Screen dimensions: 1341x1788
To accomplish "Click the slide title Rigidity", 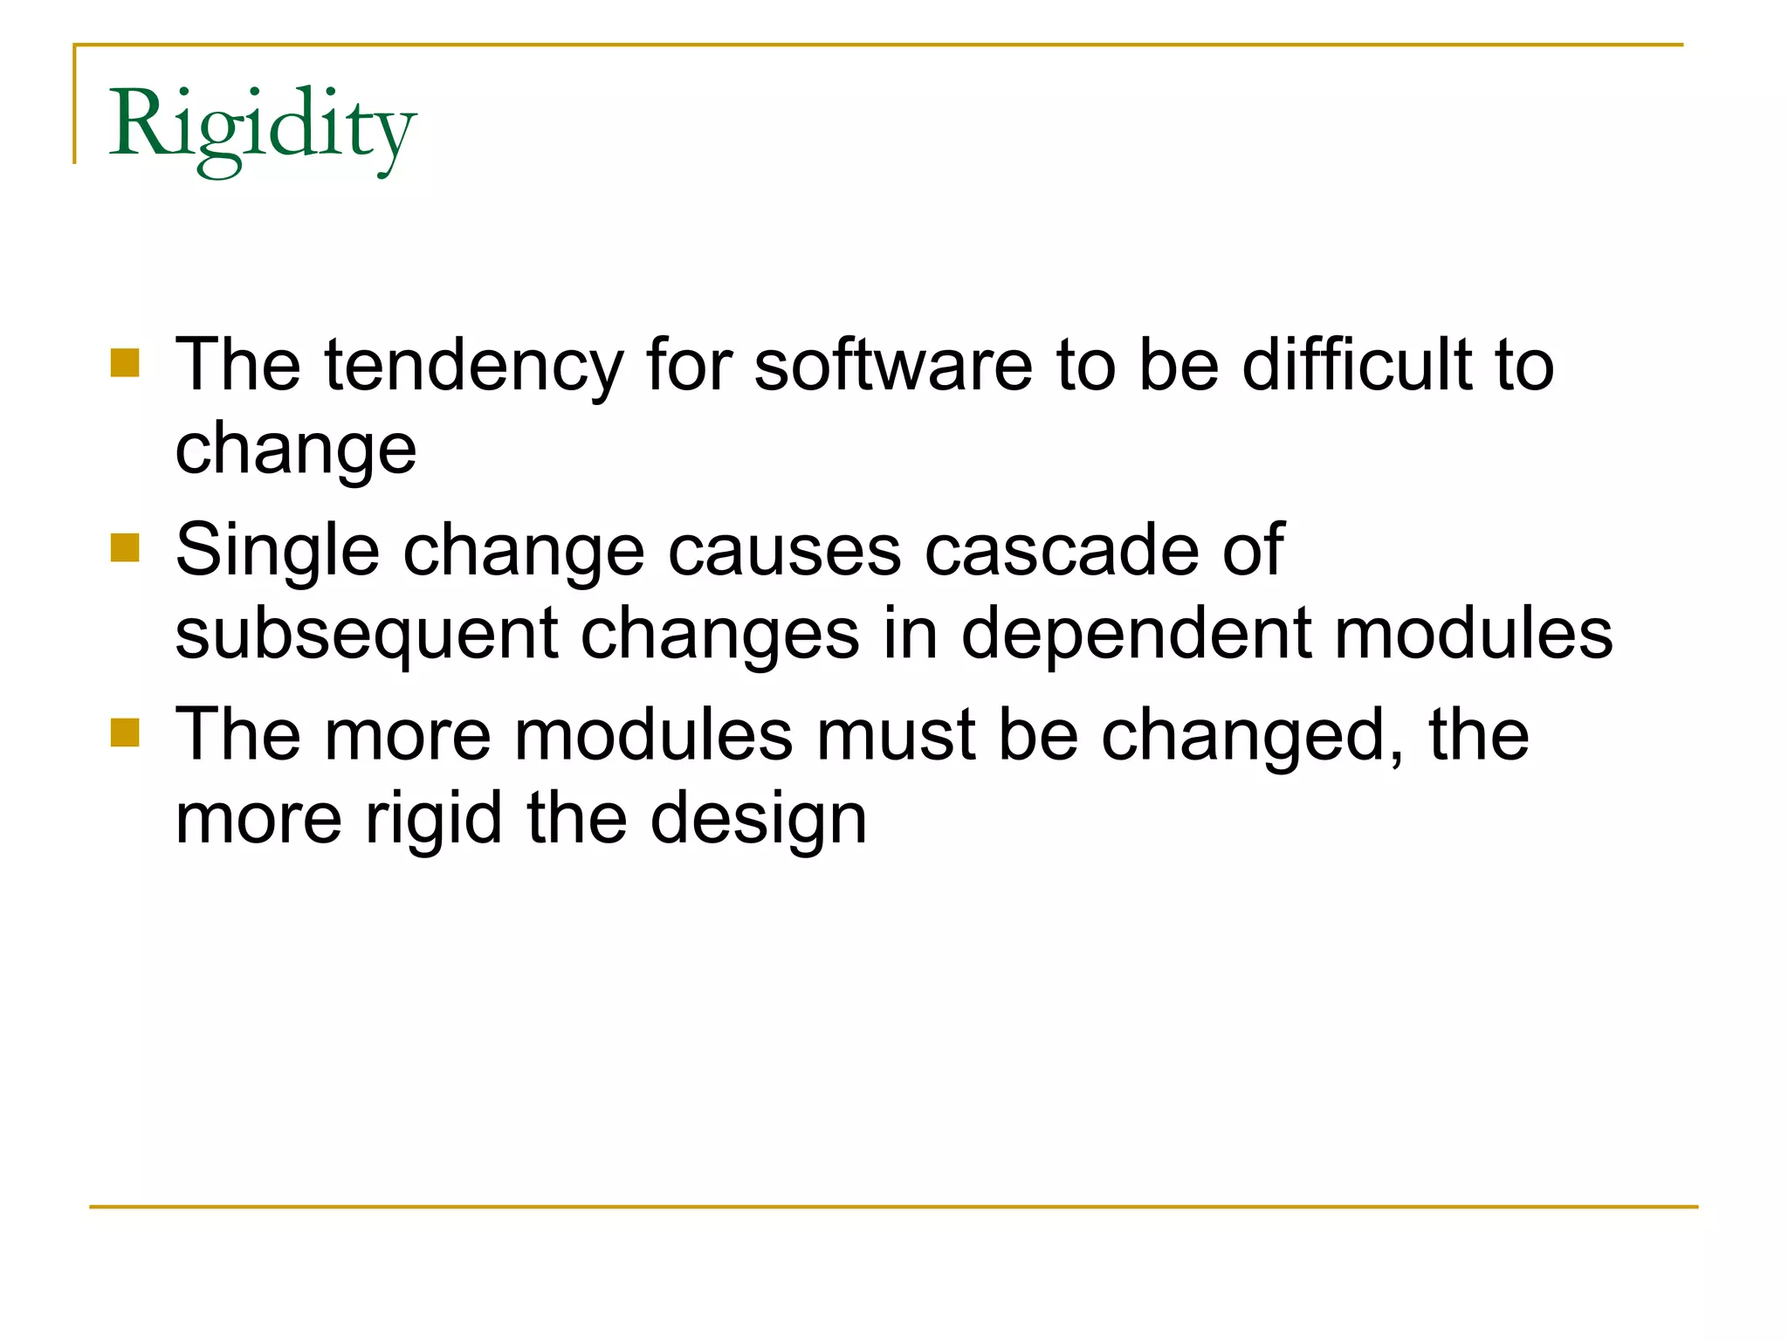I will (262, 127).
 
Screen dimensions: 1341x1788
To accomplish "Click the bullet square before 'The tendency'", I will (126, 363).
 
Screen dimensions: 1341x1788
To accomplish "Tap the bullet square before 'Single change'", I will (126, 548).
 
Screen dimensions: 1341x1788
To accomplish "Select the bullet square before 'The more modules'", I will (126, 733).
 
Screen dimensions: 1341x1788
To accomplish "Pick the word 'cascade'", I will (1061, 550).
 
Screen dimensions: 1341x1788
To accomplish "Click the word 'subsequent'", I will (366, 636).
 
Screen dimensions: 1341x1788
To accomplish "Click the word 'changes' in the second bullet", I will (719, 636).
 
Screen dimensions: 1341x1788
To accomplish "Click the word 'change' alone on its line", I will (296, 450).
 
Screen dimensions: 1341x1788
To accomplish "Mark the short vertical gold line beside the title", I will (75, 105).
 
